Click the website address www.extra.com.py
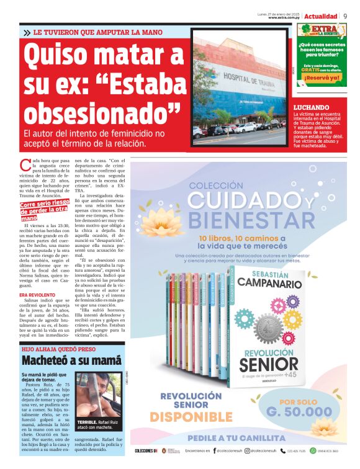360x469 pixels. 285,18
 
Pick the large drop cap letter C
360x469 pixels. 25,165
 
